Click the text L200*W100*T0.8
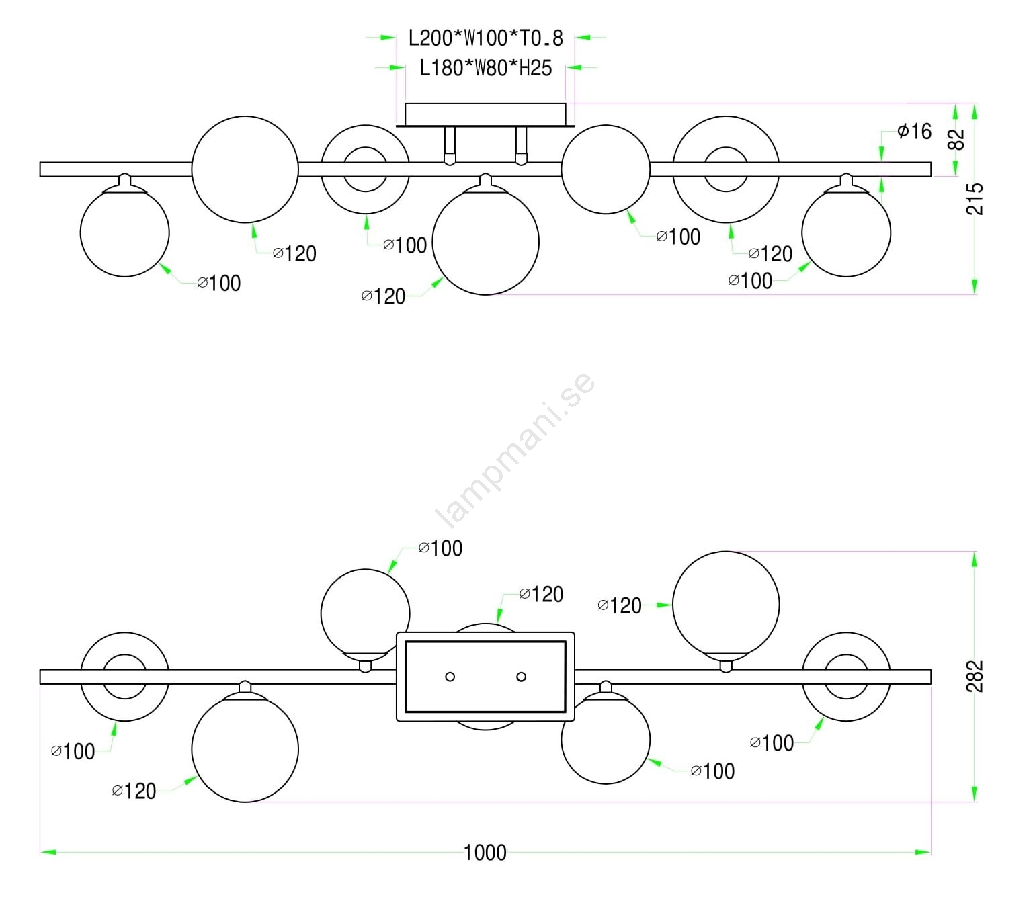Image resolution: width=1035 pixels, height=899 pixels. [x=485, y=38]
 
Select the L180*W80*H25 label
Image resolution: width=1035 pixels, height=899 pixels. [x=485, y=68]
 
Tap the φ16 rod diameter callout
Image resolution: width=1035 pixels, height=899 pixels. [x=915, y=131]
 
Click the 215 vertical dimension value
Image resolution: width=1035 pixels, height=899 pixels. [x=975, y=199]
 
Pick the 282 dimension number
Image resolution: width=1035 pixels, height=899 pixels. [x=975, y=676]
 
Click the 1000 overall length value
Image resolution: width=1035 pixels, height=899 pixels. [x=485, y=853]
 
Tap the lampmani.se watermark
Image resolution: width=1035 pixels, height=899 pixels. [x=515, y=450]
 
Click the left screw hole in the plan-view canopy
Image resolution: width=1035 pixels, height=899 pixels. [x=450, y=677]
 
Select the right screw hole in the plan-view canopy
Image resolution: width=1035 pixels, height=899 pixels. [x=521, y=677]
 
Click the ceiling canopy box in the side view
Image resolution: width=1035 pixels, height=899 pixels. [x=485, y=114]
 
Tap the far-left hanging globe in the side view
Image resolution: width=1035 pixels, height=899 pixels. [x=124, y=232]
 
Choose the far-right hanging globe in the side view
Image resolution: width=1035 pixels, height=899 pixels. [x=846, y=232]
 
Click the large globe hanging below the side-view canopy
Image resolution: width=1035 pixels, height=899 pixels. [x=485, y=242]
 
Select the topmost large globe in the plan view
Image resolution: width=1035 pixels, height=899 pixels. [x=726, y=605]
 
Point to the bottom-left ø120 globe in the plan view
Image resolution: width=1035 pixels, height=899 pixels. [x=245, y=748]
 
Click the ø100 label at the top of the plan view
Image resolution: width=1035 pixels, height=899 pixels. [x=440, y=548]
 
